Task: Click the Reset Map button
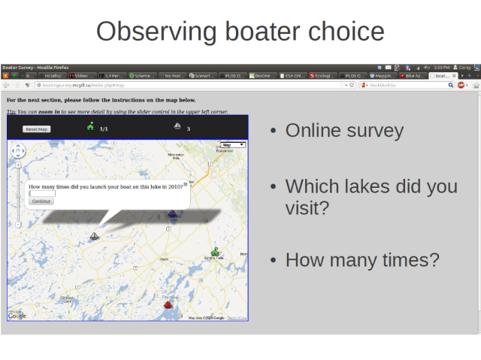click(37, 129)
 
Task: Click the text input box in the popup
click(42, 194)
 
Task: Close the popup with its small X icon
click(186, 184)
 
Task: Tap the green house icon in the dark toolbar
click(90, 126)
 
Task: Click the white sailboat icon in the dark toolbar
click(177, 126)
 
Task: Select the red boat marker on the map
click(168, 304)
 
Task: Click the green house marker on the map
click(215, 252)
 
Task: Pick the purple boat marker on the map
click(173, 216)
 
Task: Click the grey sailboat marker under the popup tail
click(94, 237)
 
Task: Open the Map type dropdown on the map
click(233, 144)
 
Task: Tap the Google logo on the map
click(17, 316)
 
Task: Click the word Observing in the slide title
click(155, 32)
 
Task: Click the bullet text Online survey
click(344, 131)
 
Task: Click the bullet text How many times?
click(362, 260)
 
